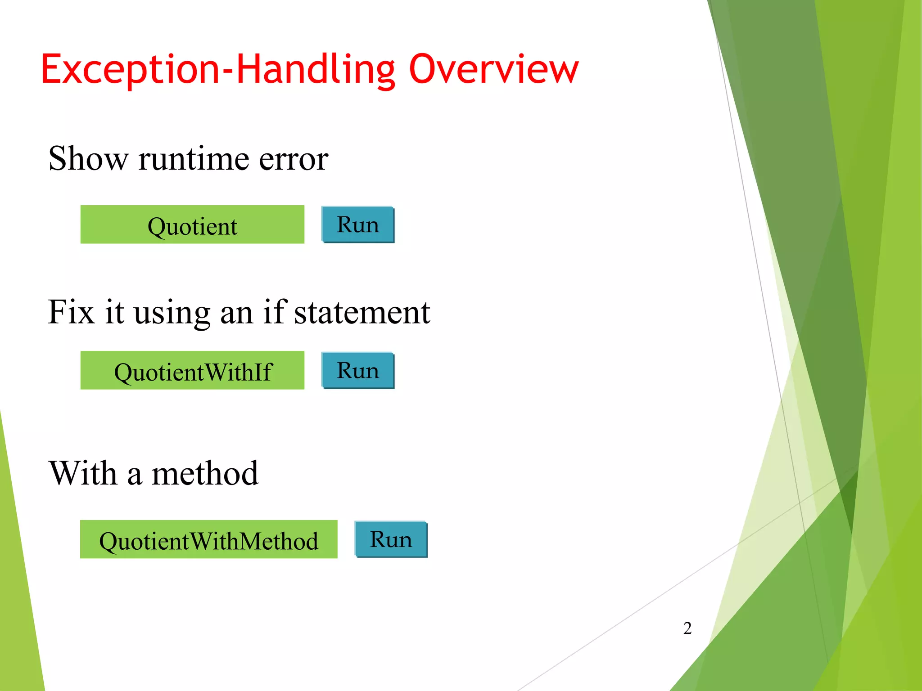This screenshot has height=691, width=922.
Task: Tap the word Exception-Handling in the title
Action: click(218, 70)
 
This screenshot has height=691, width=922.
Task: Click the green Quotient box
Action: click(192, 225)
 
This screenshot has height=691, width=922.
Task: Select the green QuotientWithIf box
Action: click(192, 370)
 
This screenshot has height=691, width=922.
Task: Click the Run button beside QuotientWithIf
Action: click(358, 371)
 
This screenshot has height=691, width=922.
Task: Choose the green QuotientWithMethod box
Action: click(208, 539)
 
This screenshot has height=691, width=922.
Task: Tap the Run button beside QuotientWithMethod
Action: click(391, 539)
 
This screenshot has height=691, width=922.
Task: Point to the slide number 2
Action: click(687, 628)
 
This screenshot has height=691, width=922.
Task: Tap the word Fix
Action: click(71, 312)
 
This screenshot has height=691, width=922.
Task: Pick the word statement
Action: click(362, 313)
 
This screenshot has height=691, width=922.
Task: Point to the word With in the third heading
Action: click(83, 474)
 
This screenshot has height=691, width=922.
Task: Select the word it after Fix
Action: click(114, 312)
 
